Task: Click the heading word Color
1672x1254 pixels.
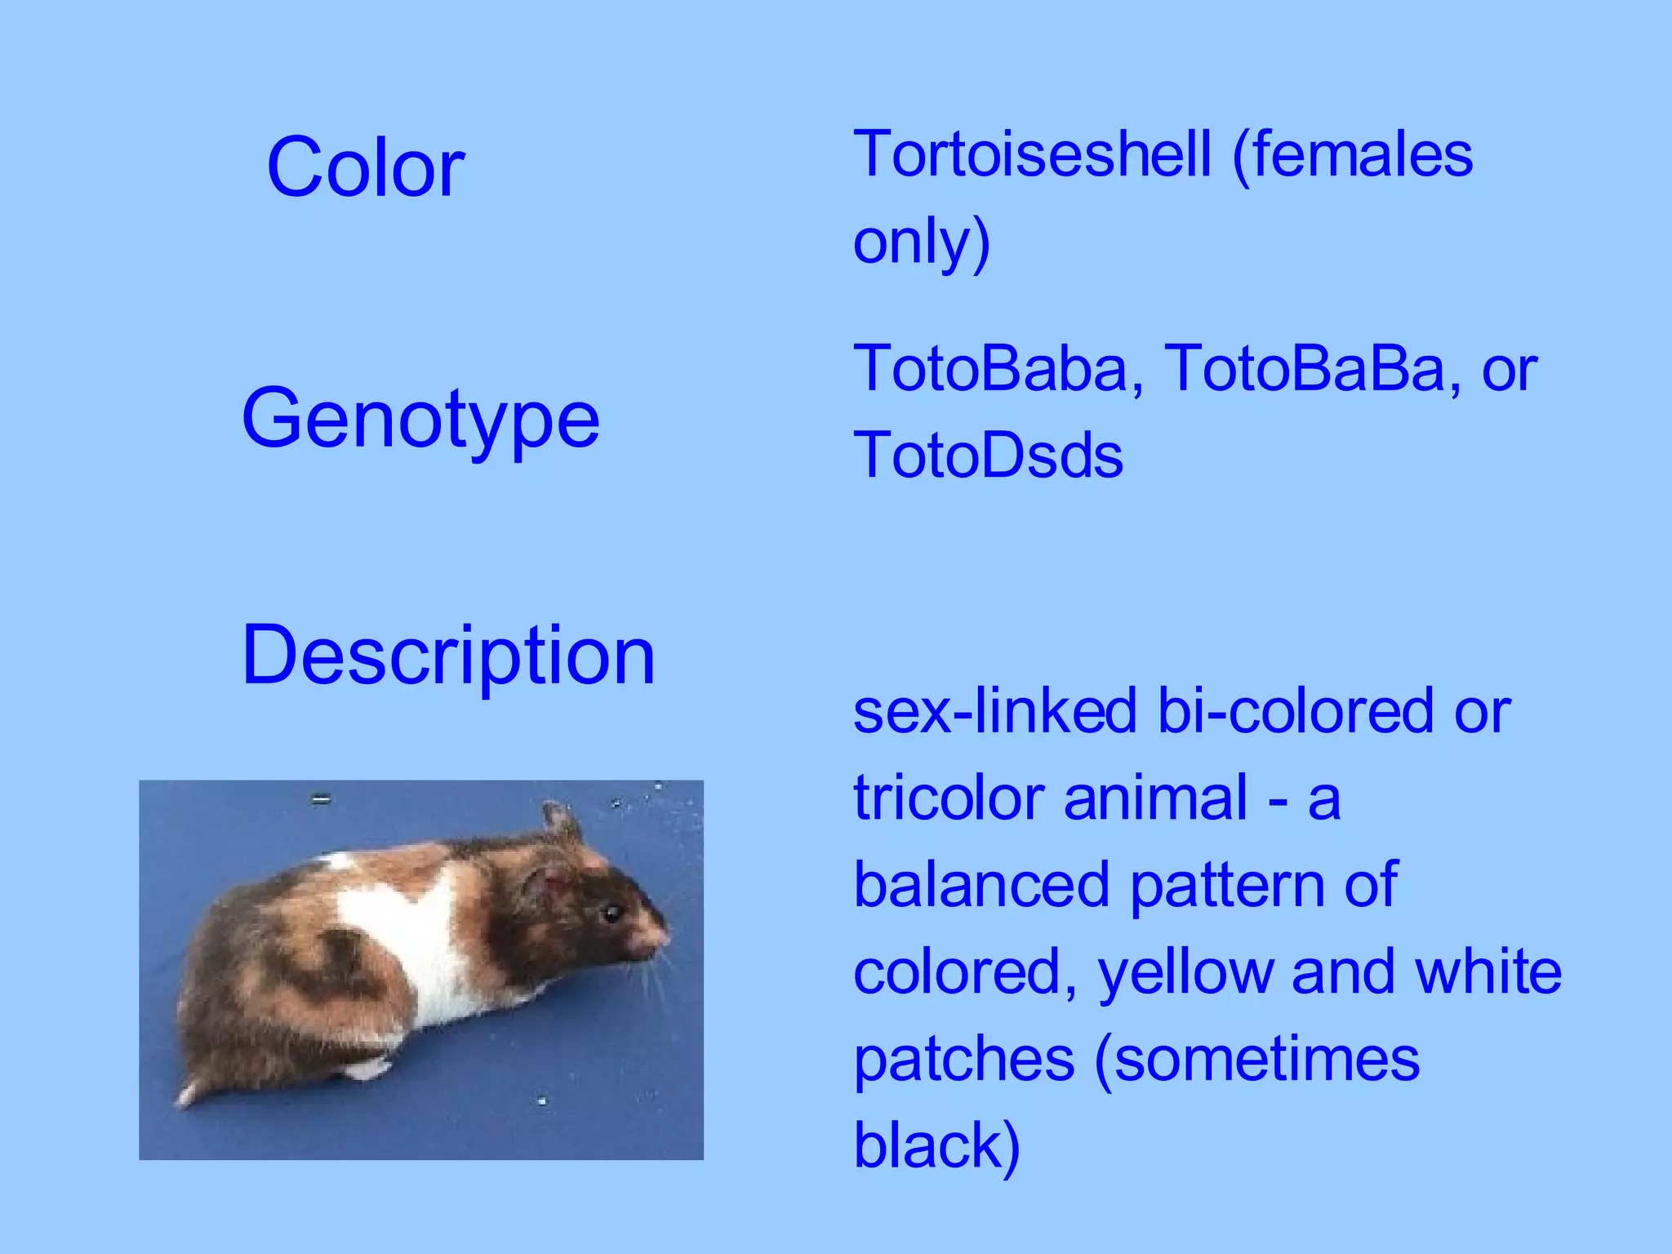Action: (x=365, y=167)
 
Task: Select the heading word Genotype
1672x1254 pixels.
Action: (x=420, y=419)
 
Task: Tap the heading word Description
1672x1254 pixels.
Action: (x=448, y=655)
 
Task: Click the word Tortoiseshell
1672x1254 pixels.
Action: (x=1032, y=154)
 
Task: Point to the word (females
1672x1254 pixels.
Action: (x=1352, y=154)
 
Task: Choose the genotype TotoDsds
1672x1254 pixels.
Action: (x=988, y=456)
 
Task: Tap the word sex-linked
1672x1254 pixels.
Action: (x=994, y=711)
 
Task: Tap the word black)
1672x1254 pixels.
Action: (x=936, y=1145)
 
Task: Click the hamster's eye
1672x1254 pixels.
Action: (x=610, y=913)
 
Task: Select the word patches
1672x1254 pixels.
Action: (x=963, y=1060)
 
